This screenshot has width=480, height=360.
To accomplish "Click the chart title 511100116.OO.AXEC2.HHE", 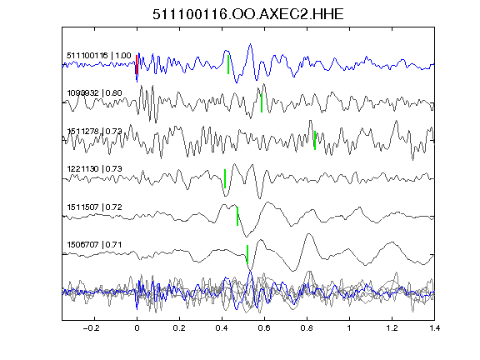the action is [248, 14].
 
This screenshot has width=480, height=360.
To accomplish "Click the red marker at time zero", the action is [137, 65].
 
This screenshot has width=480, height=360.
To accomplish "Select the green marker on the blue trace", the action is [228, 65].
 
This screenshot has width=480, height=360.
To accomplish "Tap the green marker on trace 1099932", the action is [262, 102].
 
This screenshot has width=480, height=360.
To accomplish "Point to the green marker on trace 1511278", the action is [315, 141].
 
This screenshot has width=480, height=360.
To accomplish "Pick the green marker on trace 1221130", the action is [225, 178].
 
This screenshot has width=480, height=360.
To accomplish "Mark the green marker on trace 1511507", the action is [237, 217].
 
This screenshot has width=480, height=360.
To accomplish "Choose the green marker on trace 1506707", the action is [247, 254].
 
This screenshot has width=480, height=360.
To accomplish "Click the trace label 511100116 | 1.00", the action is [99, 56].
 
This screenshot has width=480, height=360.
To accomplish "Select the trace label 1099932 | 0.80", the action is [95, 93].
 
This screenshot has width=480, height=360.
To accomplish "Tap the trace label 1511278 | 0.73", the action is [95, 132].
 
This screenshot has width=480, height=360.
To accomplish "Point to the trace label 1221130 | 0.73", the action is [95, 169].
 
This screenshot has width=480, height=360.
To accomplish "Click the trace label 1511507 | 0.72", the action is [95, 207].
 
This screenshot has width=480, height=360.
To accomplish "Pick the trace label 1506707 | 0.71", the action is [95, 245].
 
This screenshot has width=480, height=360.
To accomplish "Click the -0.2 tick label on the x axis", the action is [91, 328].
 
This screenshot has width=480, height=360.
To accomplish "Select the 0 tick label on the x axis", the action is [137, 328].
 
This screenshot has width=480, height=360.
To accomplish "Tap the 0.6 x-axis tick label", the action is [264, 328].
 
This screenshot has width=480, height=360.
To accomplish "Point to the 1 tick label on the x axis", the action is [349, 328].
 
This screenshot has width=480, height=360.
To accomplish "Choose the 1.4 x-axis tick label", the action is [434, 328].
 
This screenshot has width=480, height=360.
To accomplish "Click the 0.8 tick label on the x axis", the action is [307, 328].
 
